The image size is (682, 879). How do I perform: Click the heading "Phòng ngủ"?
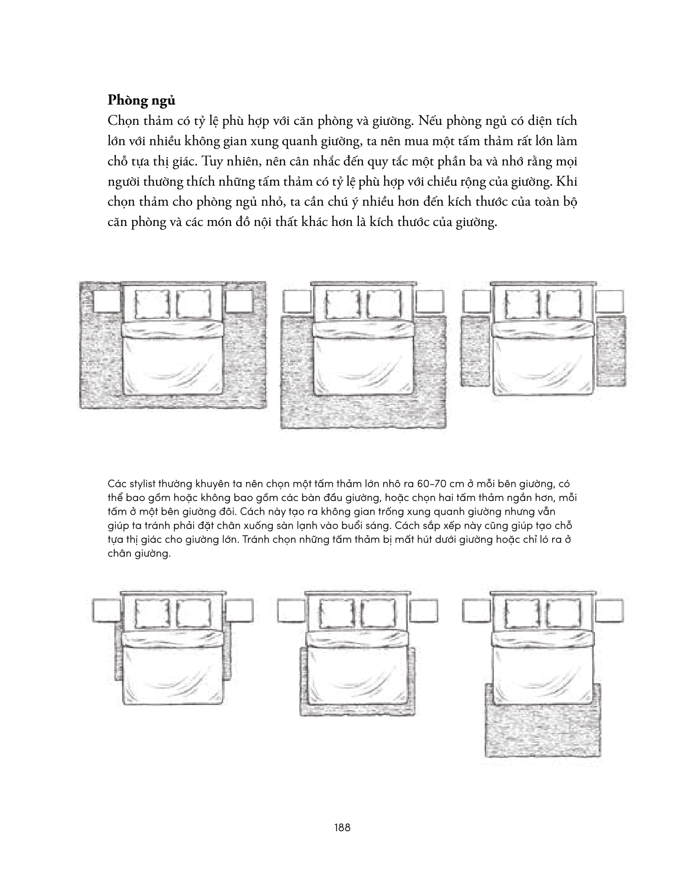pyautogui.click(x=141, y=100)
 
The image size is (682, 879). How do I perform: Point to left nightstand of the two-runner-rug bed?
pyautogui.click(x=477, y=302)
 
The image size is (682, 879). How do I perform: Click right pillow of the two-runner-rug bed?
pyautogui.click(x=563, y=304)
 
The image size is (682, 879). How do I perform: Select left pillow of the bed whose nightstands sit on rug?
pyautogui.click(x=153, y=304)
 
